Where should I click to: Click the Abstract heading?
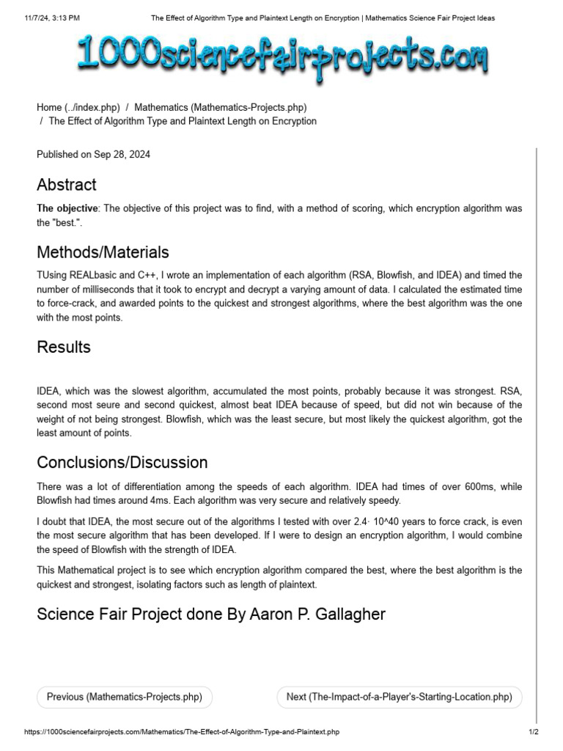coord(67,184)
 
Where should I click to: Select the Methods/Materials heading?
coord(103,252)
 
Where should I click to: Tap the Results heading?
coord(64,347)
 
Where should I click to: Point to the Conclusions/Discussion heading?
coord(122,463)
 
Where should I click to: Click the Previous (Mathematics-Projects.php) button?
coord(124,697)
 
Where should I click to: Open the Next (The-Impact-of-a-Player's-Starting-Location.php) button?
coord(399,697)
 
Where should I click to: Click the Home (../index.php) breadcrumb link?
coord(78,107)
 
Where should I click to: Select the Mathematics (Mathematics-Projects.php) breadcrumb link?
coord(220,107)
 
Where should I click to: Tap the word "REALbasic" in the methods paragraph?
coord(92,275)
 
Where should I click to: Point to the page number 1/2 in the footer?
coord(534,732)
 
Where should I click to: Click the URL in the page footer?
coord(182,732)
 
